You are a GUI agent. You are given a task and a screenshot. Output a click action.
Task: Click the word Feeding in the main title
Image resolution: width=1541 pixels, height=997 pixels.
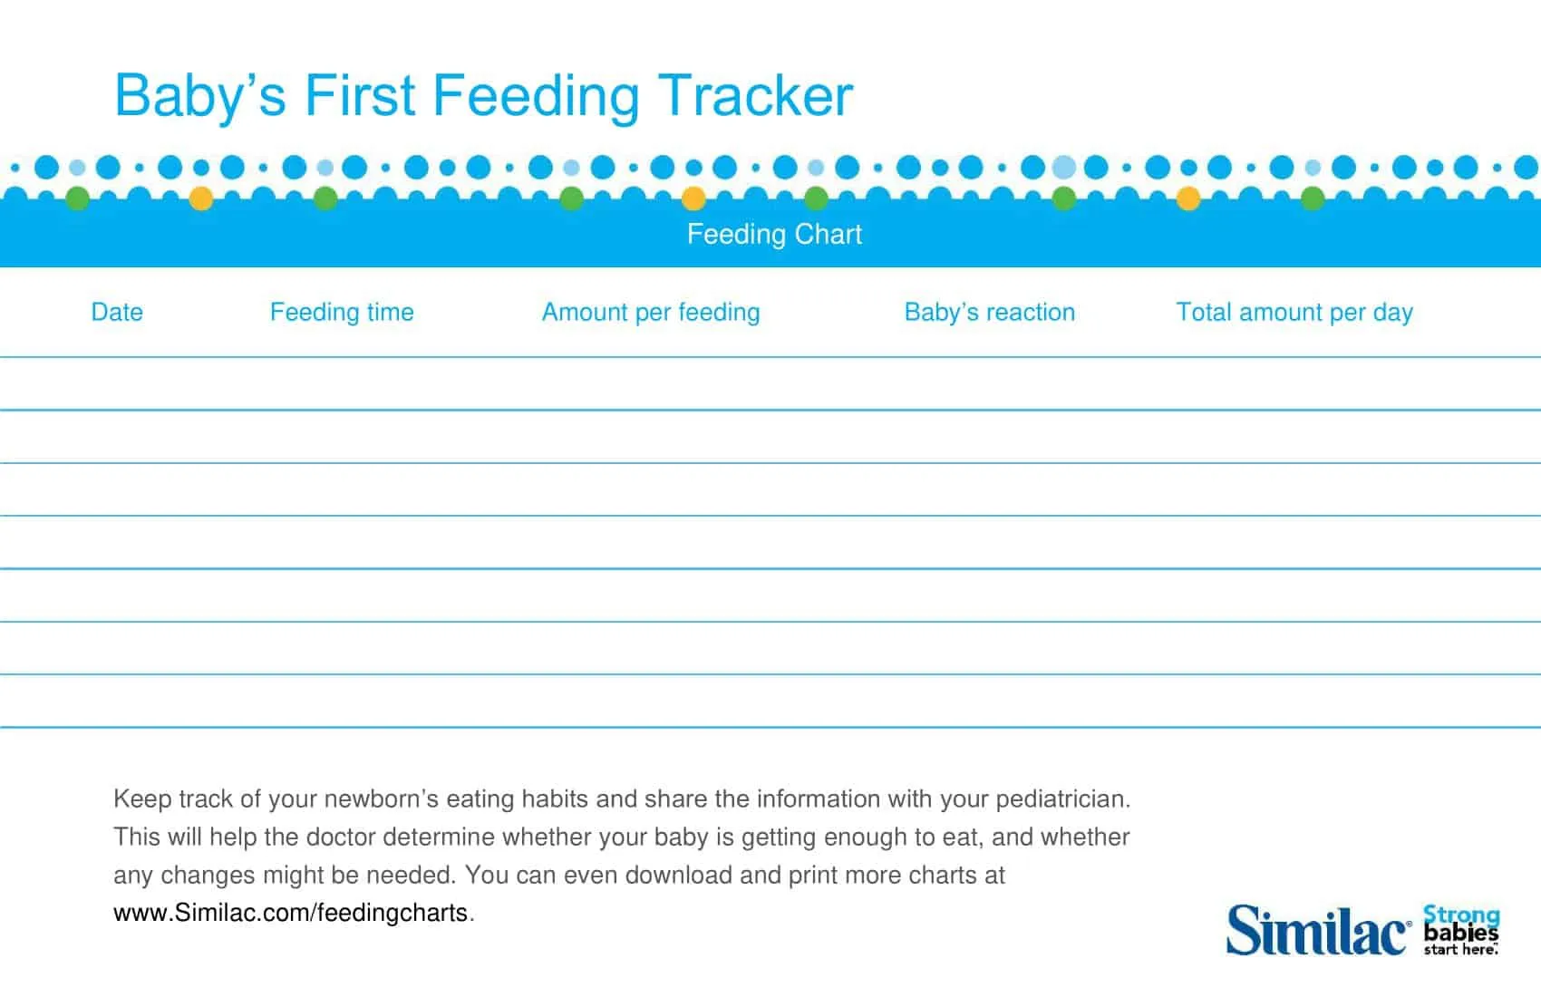[535, 97]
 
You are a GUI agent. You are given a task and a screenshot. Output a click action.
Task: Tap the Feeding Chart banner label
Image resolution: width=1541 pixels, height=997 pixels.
[774, 234]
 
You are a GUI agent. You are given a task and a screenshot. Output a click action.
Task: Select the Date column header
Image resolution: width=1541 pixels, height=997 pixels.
[117, 312]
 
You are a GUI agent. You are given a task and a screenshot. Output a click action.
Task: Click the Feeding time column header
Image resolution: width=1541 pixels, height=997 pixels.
[342, 312]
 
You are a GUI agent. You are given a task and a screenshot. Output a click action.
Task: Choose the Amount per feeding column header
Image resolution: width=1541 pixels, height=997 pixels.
[651, 312]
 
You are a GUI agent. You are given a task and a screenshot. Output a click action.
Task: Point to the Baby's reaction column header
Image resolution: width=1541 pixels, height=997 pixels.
[989, 312]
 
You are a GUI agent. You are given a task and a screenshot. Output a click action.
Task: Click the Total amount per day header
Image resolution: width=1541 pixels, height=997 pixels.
[1294, 312]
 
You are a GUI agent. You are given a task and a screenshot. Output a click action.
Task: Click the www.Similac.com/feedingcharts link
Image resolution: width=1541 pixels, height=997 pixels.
[290, 913]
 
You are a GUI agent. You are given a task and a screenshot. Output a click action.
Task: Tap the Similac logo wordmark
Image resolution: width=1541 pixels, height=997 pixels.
[1317, 931]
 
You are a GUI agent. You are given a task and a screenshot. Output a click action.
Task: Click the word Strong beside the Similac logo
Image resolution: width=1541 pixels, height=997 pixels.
[1461, 915]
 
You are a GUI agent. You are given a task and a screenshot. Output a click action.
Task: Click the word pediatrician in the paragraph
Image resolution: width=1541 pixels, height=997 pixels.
[1062, 799]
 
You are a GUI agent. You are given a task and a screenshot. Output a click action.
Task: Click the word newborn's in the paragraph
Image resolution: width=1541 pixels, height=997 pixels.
[381, 799]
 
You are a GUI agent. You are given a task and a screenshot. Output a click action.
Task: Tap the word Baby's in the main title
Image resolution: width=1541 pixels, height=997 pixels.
[200, 95]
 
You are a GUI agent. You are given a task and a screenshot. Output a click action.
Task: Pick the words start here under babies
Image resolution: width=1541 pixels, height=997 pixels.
[1459, 950]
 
